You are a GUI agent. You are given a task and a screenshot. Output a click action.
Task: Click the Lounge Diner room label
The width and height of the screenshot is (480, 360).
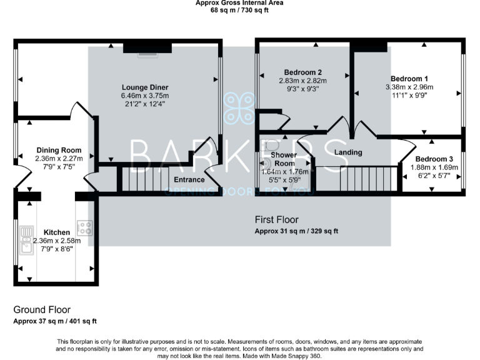pyautogui.click(x=146, y=87)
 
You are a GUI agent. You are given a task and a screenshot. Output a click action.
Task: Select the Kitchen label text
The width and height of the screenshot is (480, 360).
pyautogui.click(x=56, y=232)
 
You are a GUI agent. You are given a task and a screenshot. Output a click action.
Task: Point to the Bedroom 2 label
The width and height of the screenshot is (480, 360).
pyautogui.click(x=302, y=72)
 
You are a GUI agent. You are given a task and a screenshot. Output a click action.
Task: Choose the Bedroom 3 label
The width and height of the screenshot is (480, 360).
pyautogui.click(x=432, y=159)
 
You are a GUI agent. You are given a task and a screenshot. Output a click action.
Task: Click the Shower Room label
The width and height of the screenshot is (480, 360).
pyautogui.click(x=284, y=159)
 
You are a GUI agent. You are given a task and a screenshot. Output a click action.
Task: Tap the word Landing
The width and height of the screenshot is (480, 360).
pyautogui.click(x=349, y=152)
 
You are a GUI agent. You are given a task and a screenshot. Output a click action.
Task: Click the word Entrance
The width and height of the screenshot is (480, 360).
pyautogui.click(x=189, y=180)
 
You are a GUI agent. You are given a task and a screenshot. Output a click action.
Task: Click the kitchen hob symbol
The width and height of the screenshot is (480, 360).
pyautogui.click(x=84, y=227)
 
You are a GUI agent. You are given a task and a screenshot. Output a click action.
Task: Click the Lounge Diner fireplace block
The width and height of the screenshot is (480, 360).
pyautogui.click(x=147, y=49)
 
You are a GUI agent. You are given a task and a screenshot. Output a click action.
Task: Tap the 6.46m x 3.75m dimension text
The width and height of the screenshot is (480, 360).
pyautogui.click(x=146, y=96)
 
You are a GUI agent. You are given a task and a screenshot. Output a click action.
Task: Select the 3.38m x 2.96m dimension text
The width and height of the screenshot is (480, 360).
pyautogui.click(x=410, y=87)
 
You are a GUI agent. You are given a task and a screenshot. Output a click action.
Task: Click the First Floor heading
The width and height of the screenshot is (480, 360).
pyautogui.click(x=276, y=220)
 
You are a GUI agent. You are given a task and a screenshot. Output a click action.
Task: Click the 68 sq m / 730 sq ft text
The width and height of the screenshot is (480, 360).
pyautogui.click(x=240, y=9)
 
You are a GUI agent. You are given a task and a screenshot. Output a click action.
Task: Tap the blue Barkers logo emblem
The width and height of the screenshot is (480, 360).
pyautogui.click(x=240, y=108)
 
